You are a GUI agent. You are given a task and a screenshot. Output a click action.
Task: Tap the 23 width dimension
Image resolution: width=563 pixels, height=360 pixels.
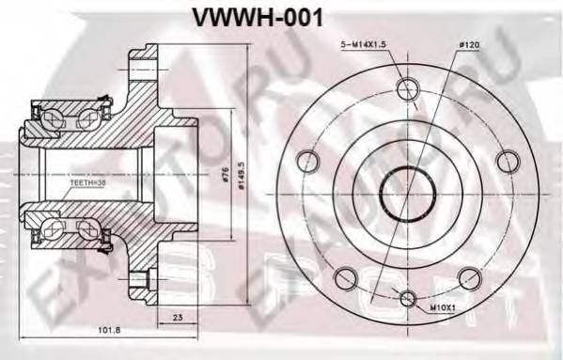(x=178, y=319)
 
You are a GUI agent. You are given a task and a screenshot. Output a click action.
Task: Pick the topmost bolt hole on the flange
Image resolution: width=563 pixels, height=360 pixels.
(x=406, y=89)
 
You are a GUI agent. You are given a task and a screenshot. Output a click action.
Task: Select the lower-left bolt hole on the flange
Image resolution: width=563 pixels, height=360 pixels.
(x=344, y=275)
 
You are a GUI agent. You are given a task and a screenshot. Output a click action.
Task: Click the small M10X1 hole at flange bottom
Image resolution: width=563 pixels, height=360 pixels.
(x=406, y=299)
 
